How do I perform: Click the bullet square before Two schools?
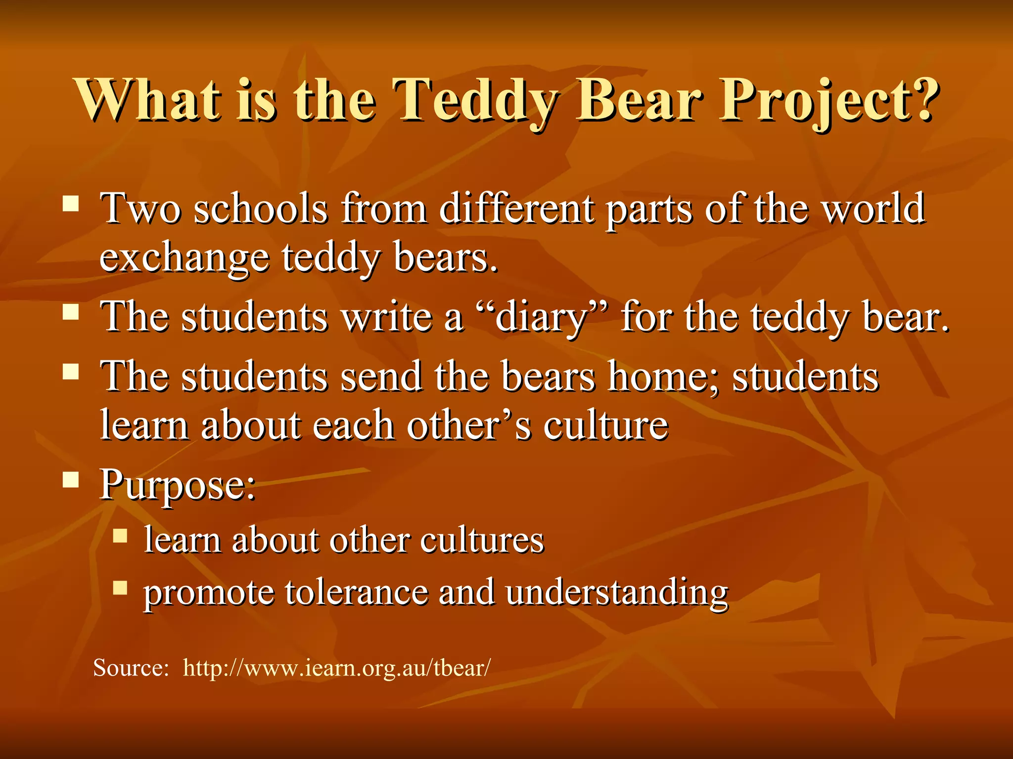point(71,203)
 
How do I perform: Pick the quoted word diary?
point(541,317)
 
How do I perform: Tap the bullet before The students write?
point(71,312)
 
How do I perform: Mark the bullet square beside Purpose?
point(71,479)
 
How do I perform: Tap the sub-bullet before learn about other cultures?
point(120,535)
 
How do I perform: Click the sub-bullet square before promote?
point(120,588)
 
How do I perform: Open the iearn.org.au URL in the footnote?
point(337,668)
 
